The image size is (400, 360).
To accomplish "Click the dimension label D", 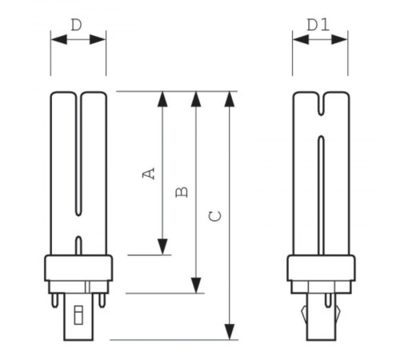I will pyautogui.click(x=76, y=25).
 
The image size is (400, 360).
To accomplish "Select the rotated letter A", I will pyautogui.click(x=148, y=173).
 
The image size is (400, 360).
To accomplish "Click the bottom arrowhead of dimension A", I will pyautogui.click(x=162, y=246).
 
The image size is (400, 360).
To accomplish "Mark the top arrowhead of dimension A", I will pyautogui.click(x=162, y=99).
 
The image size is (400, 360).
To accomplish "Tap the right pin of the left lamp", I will pyautogui.click(x=102, y=302).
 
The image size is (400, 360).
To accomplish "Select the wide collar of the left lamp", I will pyautogui.click(x=78, y=268).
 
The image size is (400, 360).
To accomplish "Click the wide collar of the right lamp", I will pyautogui.click(x=320, y=268).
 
